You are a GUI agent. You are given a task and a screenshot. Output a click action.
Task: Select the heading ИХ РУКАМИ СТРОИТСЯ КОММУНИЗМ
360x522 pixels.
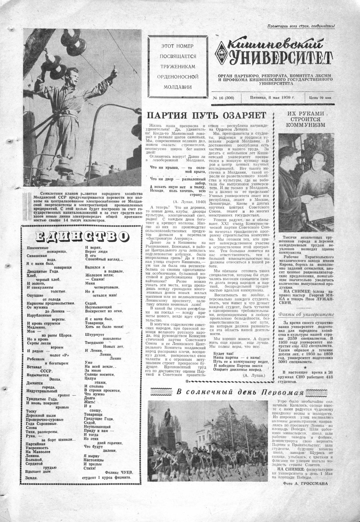(x=305, y=119)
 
